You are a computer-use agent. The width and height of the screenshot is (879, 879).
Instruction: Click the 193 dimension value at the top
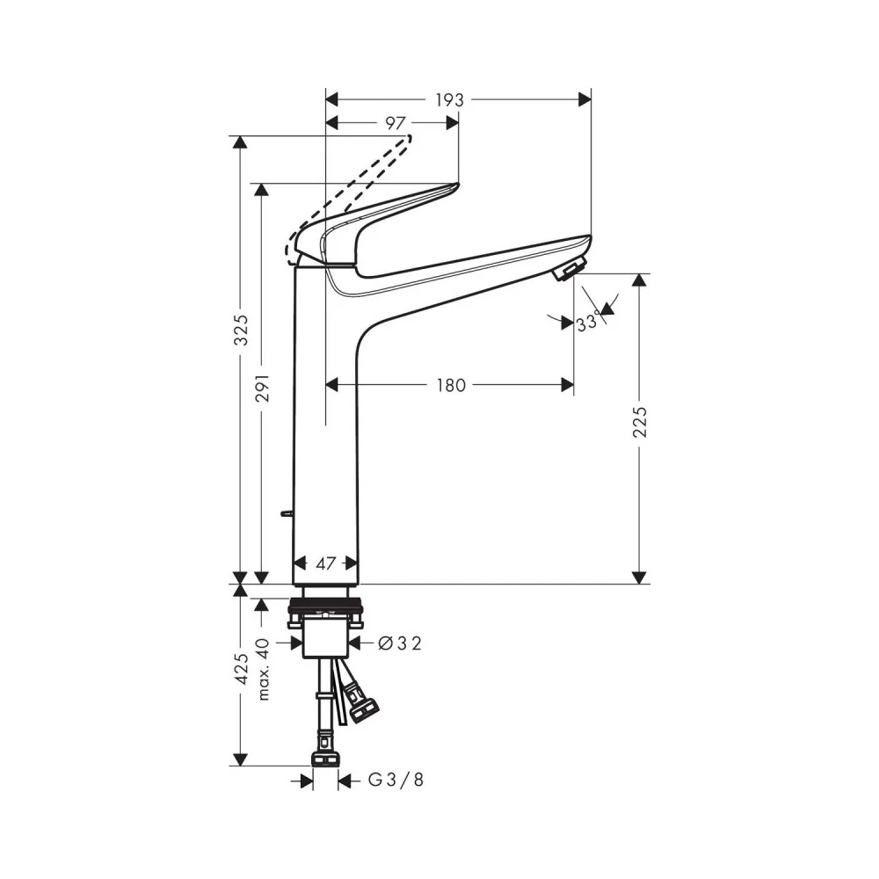pyautogui.click(x=449, y=100)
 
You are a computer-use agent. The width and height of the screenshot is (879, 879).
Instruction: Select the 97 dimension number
pyautogui.click(x=396, y=123)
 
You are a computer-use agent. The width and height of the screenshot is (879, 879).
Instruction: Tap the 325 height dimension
pyautogui.click(x=241, y=330)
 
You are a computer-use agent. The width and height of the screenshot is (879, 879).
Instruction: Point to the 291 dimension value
pyautogui.click(x=262, y=388)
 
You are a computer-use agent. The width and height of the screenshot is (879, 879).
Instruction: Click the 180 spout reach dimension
pyautogui.click(x=451, y=385)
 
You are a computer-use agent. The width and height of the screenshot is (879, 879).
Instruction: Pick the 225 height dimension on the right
pyautogui.click(x=639, y=422)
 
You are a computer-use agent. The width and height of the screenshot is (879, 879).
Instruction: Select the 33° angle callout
pyautogui.click(x=587, y=323)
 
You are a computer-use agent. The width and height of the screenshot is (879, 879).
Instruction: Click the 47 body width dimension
pyautogui.click(x=326, y=563)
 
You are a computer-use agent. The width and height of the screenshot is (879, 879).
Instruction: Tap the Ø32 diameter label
pyautogui.click(x=400, y=643)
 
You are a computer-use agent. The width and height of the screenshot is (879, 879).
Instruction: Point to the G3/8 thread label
pyautogui.click(x=396, y=779)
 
